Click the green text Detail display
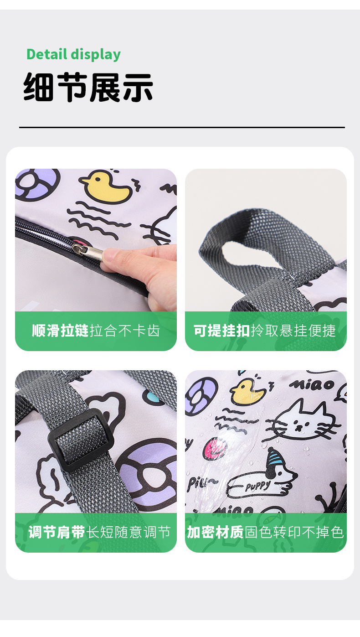pos(73,54)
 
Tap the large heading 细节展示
pos(88,87)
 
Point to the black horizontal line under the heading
pos(182,127)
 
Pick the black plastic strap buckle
pos(81,440)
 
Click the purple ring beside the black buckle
pos(148,470)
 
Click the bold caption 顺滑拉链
pos(60,331)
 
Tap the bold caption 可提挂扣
pos(222,331)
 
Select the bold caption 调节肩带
pos(57,532)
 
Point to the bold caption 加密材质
pos(215,532)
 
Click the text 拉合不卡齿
pos(125,331)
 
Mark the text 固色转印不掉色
pos(294,532)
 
